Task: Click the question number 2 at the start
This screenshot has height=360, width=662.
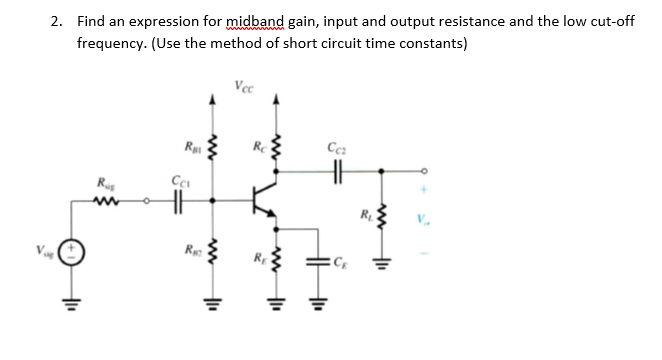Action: (x=58, y=21)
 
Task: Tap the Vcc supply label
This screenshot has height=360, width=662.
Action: (x=243, y=85)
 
